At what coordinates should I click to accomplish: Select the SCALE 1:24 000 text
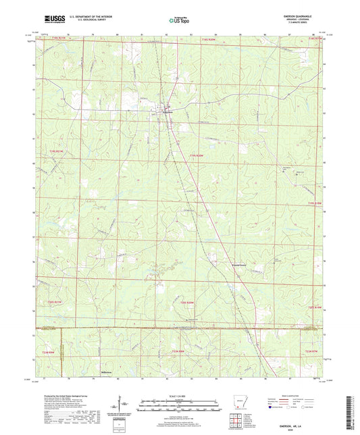click(180, 396)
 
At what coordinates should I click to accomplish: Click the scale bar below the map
click(180, 407)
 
